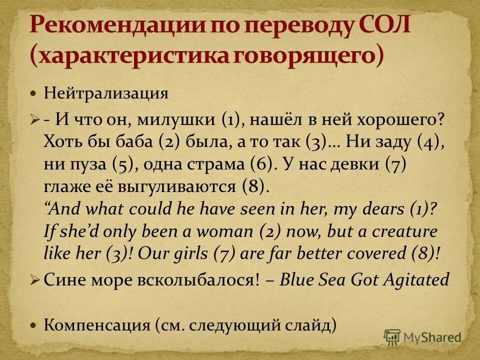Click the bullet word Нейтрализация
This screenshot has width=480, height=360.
pyautogui.click(x=105, y=93)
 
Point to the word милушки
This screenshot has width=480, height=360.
pyautogui.click(x=178, y=120)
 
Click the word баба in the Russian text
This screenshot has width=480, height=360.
pyautogui.click(x=131, y=142)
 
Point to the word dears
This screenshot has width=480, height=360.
pyautogui.click(x=383, y=209)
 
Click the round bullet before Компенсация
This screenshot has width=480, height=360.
pyautogui.click(x=33, y=325)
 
